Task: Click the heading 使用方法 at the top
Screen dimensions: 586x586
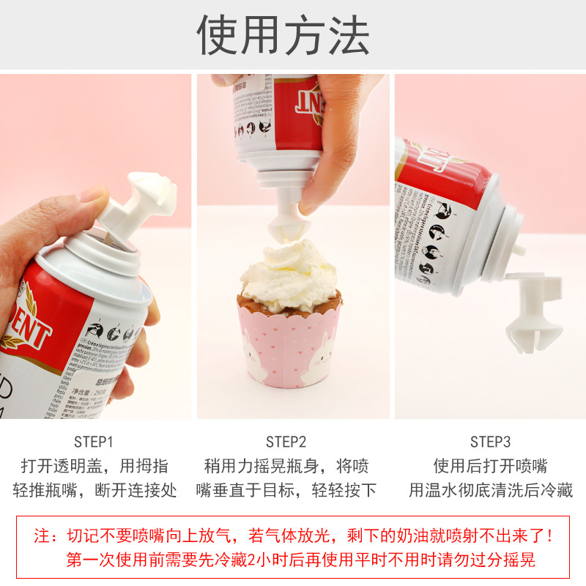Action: (283, 34)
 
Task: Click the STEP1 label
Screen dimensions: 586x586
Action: (94, 442)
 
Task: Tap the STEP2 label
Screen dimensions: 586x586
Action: (286, 442)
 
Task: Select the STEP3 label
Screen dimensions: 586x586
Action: (490, 442)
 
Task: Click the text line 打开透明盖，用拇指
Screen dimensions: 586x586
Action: (94, 466)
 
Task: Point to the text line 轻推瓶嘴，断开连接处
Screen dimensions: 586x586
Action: (94, 490)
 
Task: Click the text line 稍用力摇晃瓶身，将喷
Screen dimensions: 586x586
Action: (286, 466)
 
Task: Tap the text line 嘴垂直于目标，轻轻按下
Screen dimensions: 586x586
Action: (286, 490)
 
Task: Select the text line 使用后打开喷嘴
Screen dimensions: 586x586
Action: (490, 466)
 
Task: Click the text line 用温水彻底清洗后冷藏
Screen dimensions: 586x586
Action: (490, 490)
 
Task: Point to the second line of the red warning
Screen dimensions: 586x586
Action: (300, 560)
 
